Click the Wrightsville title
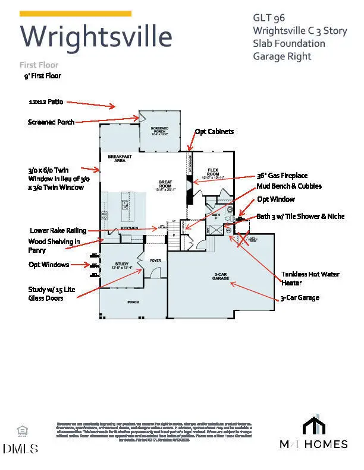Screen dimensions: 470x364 96,37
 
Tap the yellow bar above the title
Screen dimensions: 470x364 76,13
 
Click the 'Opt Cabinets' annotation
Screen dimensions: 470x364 214,131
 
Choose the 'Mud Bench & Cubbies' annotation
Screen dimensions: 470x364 289,186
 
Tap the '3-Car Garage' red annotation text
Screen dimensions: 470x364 300,297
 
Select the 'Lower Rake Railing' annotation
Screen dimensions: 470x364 58,230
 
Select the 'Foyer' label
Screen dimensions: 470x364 155,260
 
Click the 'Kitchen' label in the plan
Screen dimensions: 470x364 130,228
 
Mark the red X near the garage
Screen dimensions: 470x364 243,239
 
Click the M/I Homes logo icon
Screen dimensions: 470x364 314,425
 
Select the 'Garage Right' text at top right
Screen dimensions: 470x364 281,56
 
